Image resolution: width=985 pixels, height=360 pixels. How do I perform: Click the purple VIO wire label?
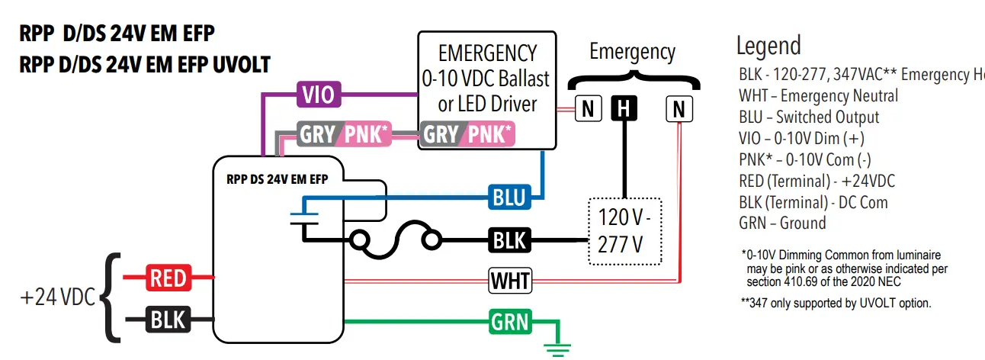(x=319, y=94)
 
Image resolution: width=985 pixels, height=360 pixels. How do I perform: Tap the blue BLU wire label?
(x=509, y=197)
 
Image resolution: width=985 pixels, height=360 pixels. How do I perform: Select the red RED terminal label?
(x=168, y=278)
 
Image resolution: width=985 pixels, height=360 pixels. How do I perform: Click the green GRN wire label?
(x=510, y=322)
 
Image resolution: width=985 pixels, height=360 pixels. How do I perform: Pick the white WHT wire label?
(x=510, y=281)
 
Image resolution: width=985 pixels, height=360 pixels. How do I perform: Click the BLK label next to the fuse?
(x=509, y=239)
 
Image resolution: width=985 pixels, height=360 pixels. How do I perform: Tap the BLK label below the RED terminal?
(x=168, y=319)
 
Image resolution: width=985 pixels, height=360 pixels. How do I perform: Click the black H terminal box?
(x=624, y=108)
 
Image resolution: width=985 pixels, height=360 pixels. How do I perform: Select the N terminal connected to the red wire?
(x=679, y=109)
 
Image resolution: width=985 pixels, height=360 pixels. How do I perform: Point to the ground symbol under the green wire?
(x=557, y=349)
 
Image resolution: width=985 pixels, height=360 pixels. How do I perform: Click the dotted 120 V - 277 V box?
(x=625, y=232)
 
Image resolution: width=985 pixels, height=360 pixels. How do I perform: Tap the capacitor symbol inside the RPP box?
(x=304, y=219)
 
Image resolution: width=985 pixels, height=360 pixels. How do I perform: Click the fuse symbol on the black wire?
(x=396, y=239)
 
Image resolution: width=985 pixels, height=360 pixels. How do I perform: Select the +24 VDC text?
(x=58, y=297)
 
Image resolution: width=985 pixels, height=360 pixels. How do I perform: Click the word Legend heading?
(x=768, y=47)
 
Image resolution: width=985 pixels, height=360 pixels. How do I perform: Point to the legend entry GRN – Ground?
(x=782, y=223)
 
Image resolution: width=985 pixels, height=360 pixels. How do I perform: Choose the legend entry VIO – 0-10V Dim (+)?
(x=801, y=138)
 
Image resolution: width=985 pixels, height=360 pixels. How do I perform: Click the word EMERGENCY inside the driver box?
(x=487, y=53)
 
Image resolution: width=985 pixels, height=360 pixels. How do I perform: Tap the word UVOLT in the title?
(x=242, y=65)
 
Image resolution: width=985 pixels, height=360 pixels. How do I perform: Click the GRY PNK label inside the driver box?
(x=467, y=133)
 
